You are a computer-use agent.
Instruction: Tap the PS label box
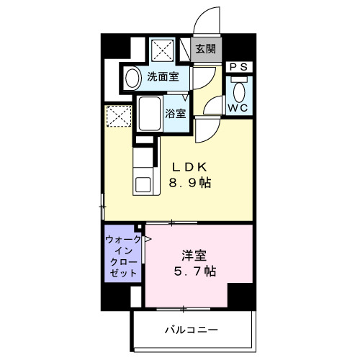point(240,67)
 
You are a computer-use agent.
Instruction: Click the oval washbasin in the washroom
point(132,78)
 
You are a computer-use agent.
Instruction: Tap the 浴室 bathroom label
point(176,113)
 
